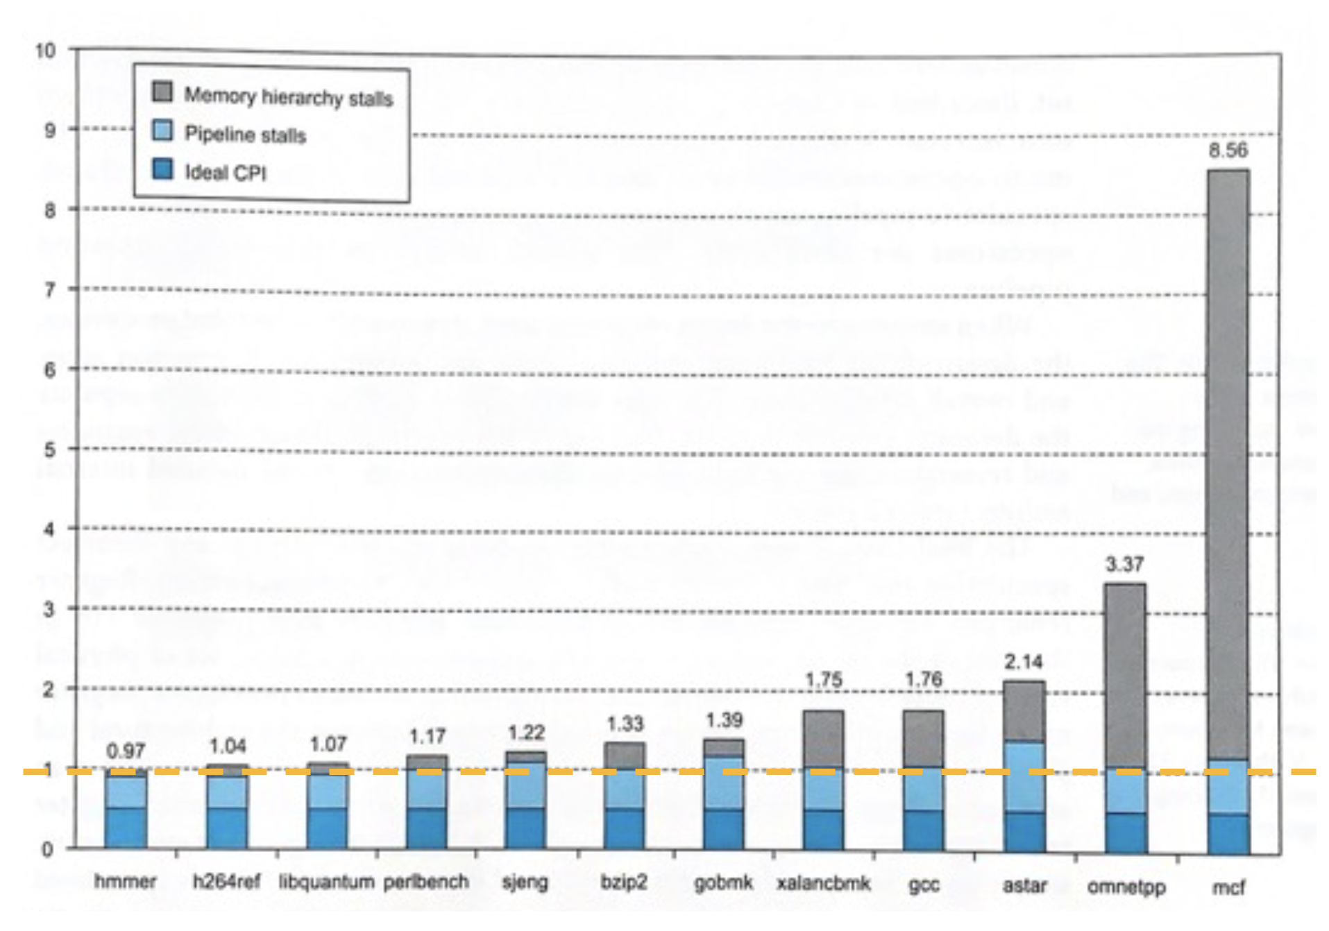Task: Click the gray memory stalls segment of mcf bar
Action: click(x=1228, y=465)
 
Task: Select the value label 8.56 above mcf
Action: click(x=1227, y=151)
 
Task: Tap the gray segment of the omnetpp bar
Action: click(x=1124, y=676)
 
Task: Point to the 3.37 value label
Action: click(x=1124, y=564)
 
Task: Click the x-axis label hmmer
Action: click(x=125, y=881)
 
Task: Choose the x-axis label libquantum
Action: click(x=326, y=882)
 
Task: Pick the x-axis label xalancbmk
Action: click(x=823, y=883)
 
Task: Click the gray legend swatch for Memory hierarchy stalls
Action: click(x=162, y=91)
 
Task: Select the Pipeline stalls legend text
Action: click(x=245, y=134)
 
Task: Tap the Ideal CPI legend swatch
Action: click(x=162, y=169)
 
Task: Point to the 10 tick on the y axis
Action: click(x=45, y=51)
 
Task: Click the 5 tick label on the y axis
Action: click(x=49, y=450)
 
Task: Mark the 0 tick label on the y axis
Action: click(x=47, y=849)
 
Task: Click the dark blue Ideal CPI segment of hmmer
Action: click(x=126, y=828)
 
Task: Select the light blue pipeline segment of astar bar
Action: click(x=1024, y=776)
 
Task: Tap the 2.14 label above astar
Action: click(x=1023, y=662)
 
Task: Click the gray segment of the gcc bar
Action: click(x=923, y=739)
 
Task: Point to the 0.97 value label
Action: click(x=126, y=751)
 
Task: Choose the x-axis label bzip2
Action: click(x=623, y=882)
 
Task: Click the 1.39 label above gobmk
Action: click(x=724, y=720)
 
